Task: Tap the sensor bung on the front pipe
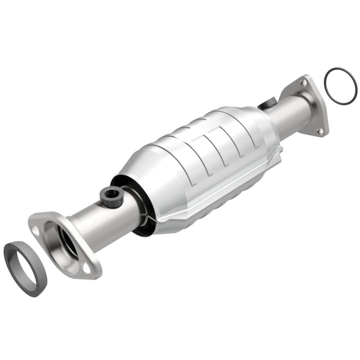[110, 196]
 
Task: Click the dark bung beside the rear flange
[267, 104]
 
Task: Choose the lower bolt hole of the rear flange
[320, 131]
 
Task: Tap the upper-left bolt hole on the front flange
[35, 230]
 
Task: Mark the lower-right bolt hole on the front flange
[86, 268]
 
